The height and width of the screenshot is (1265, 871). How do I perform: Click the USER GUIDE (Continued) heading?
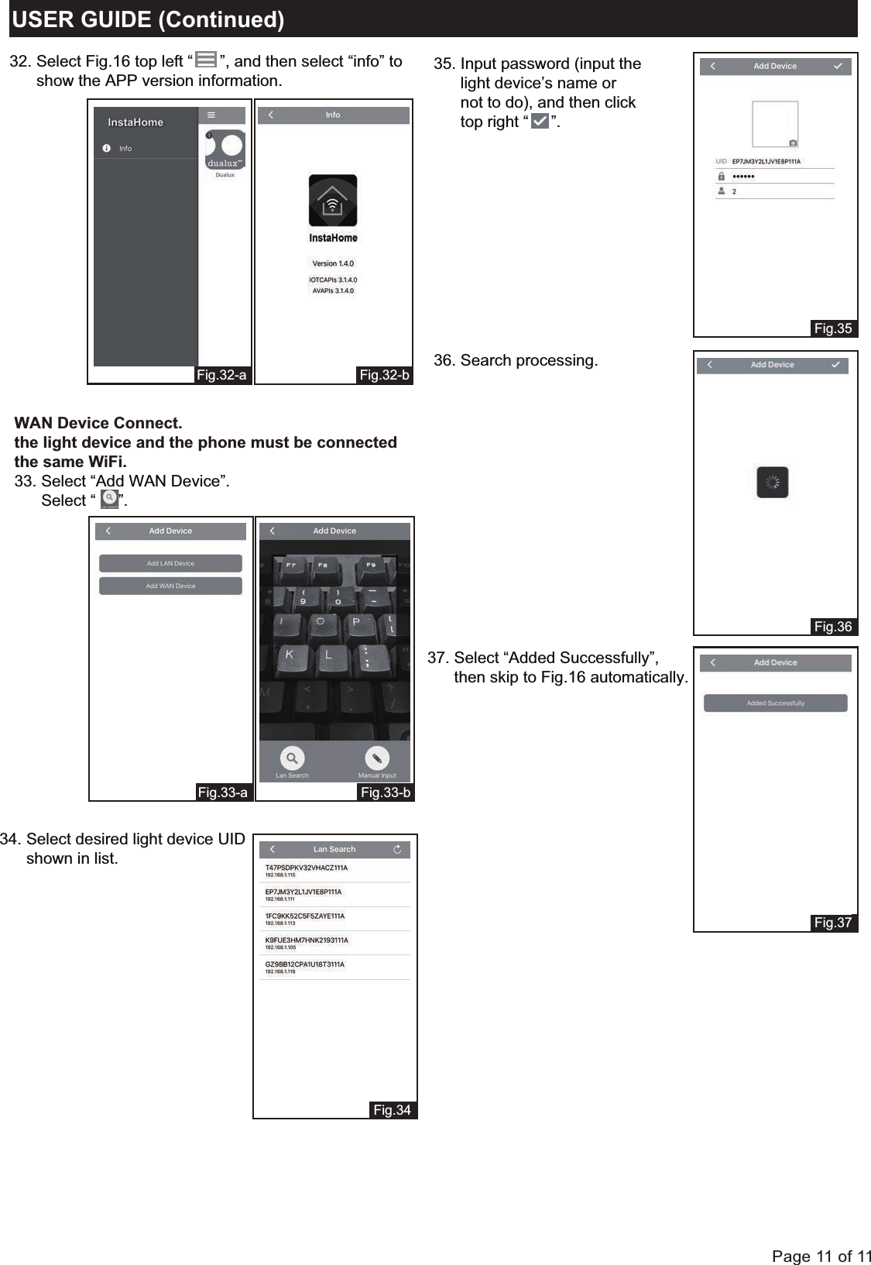pos(148,19)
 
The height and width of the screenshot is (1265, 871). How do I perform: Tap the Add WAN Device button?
pos(170,586)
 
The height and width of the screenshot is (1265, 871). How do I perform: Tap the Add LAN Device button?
pos(170,563)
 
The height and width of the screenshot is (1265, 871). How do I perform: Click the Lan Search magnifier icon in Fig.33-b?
pos(292,758)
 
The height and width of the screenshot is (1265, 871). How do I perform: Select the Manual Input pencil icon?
pos(376,758)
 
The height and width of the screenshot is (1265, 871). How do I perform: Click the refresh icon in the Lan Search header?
pos(397,849)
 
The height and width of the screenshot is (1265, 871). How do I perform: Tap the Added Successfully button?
pos(775,703)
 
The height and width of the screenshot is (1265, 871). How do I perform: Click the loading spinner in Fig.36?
pos(772,483)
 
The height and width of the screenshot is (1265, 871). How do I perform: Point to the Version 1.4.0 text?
pos(333,263)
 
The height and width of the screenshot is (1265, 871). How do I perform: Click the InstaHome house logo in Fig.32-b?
pos(333,201)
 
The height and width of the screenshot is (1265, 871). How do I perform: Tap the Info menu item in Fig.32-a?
pos(125,148)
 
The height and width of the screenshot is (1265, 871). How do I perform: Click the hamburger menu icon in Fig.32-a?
pos(211,115)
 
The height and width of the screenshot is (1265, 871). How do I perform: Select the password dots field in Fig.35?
pos(743,176)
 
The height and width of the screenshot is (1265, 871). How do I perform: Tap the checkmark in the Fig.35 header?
pos(838,66)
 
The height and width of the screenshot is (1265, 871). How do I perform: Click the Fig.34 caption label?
pos(392,1110)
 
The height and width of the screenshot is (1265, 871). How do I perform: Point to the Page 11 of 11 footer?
pos(821,1256)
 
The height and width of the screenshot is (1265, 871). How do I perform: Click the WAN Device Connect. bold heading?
pos(98,423)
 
